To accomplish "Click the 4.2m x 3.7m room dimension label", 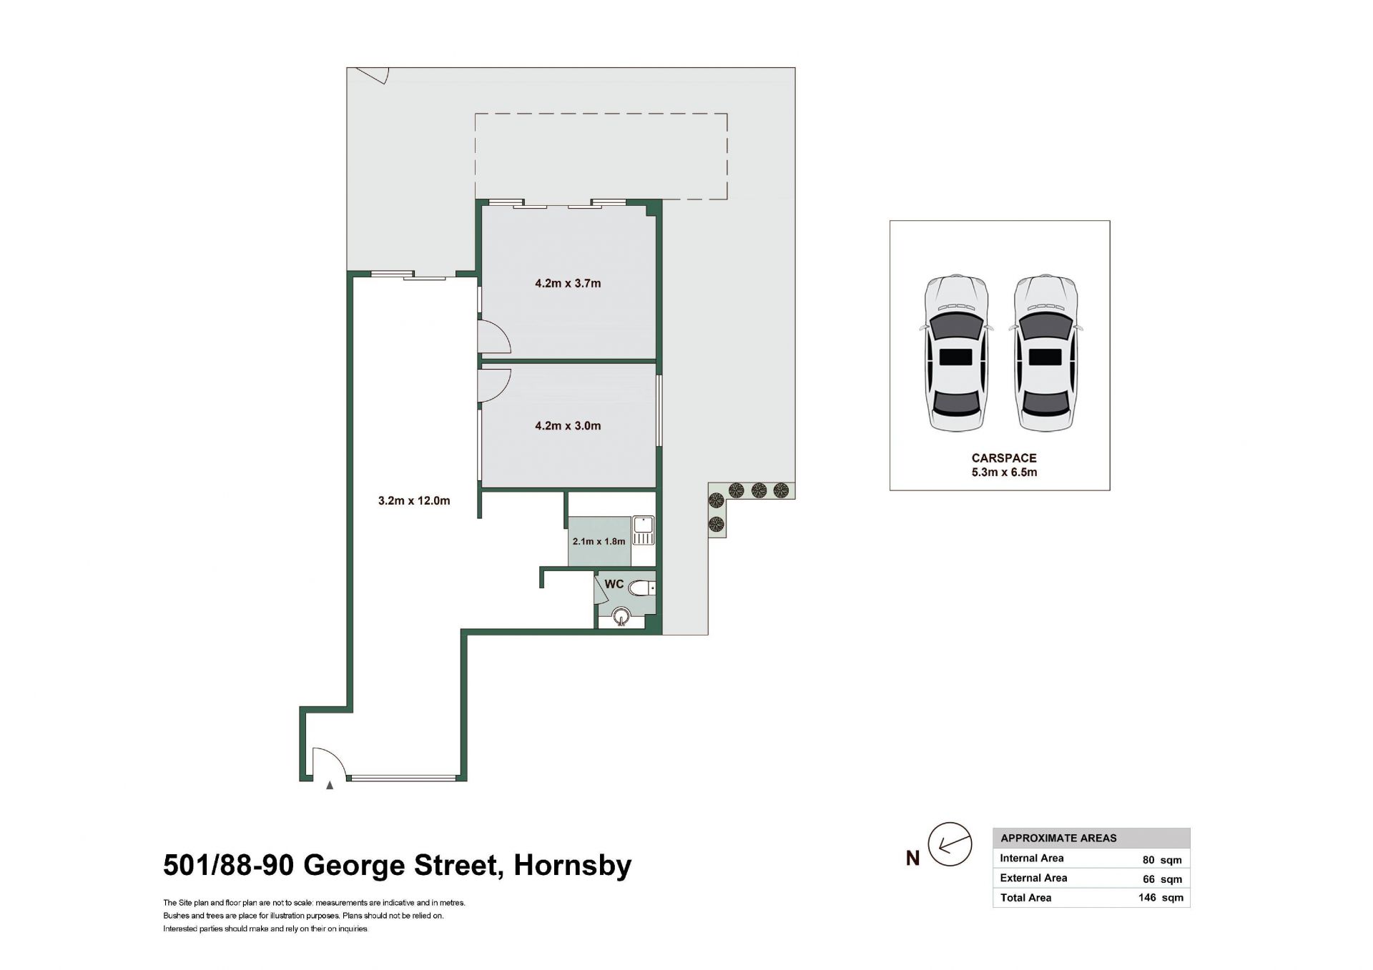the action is [568, 283].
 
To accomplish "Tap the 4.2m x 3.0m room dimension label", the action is [568, 426].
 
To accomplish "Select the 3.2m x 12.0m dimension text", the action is [414, 501].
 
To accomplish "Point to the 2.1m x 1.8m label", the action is [599, 541].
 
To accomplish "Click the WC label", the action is [614, 584].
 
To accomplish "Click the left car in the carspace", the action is [956, 354].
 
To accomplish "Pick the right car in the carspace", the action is [1045, 354].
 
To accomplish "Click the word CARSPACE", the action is [1004, 458].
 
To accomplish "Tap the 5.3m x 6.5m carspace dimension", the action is [1004, 472].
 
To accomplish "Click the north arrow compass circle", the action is [950, 844].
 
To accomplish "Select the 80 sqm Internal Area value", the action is [1162, 860].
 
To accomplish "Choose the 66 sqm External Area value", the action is [1162, 879].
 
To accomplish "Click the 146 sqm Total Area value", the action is [1161, 898].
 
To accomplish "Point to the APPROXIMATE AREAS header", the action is [1058, 838].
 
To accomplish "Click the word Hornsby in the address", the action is [573, 866].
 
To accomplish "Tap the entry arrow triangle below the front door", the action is [330, 786].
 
